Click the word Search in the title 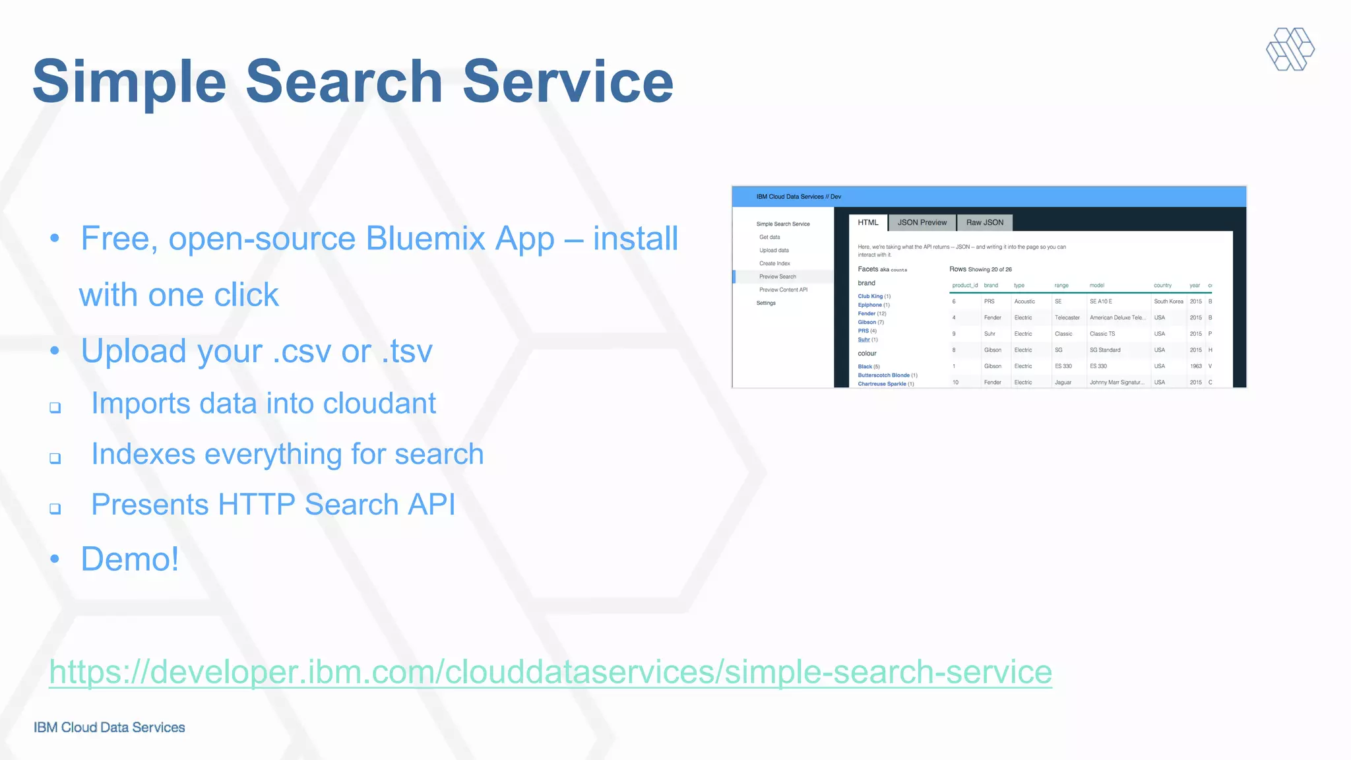click(x=344, y=82)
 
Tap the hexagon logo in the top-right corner click(x=1290, y=49)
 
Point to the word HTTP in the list click(x=256, y=505)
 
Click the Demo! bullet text click(x=130, y=559)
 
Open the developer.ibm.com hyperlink click(x=550, y=672)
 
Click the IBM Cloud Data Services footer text click(x=110, y=727)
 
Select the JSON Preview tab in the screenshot click(x=922, y=222)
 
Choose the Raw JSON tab click(x=984, y=222)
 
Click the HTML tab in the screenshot click(x=867, y=222)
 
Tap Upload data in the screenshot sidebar click(x=774, y=250)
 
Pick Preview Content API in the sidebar click(x=783, y=290)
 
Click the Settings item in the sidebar click(x=766, y=303)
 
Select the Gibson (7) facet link click(x=870, y=322)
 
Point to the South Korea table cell click(x=1168, y=301)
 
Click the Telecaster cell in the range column click(x=1067, y=317)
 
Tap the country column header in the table click(x=1162, y=286)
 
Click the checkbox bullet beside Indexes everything click(x=55, y=458)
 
